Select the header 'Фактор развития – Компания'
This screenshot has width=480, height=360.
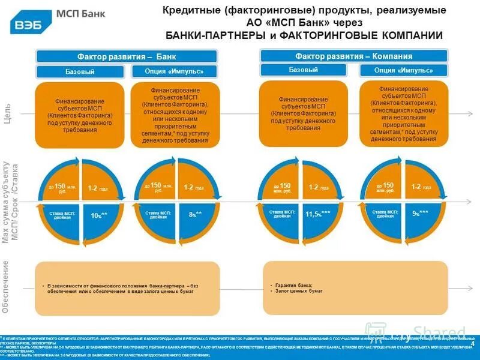pyautogui.click(x=354, y=56)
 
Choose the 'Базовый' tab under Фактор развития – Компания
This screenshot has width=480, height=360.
pyautogui.click(x=304, y=70)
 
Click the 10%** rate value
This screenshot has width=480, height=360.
pyautogui.click(x=99, y=215)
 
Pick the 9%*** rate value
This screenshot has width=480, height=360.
pyautogui.click(x=420, y=212)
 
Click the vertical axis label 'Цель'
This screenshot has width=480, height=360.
pyautogui.click(x=7, y=115)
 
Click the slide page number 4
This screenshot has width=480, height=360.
pyautogui.click(x=473, y=343)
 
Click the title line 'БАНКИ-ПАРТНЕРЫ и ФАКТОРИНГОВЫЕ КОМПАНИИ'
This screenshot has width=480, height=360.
pyautogui.click(x=304, y=35)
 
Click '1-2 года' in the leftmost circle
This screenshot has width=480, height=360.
pyautogui.click(x=98, y=188)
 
